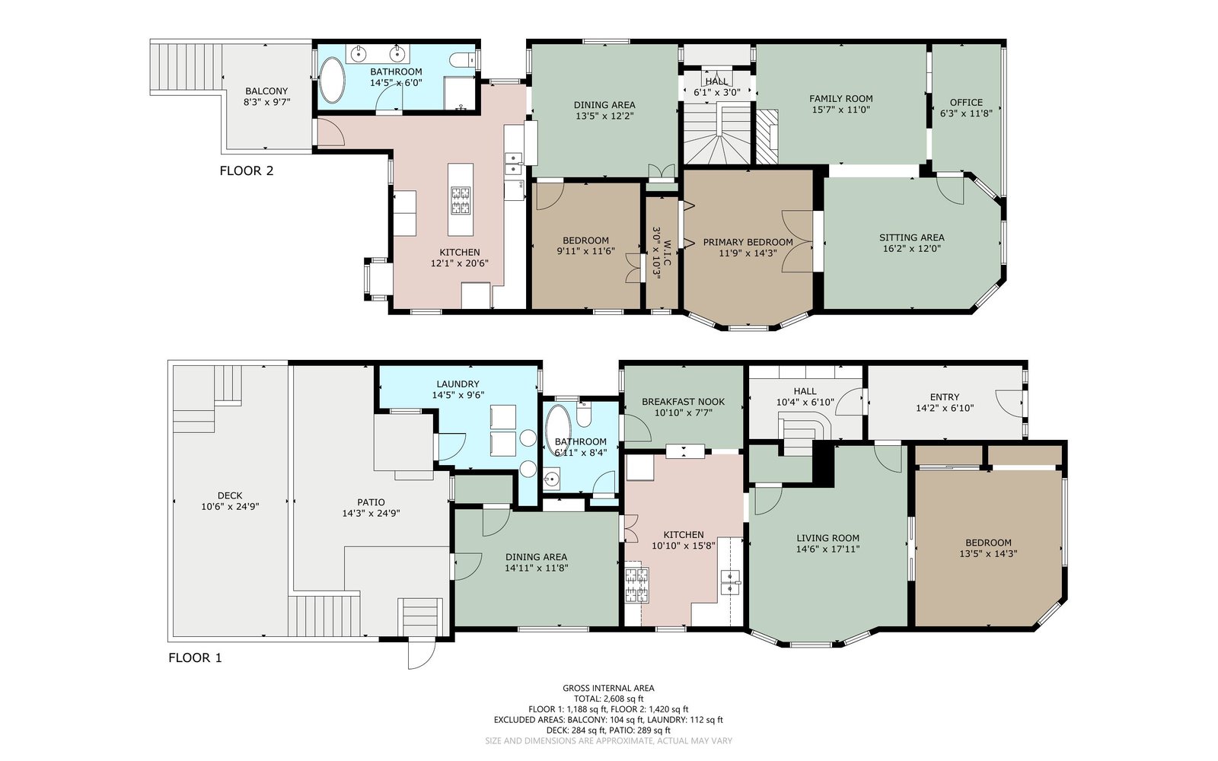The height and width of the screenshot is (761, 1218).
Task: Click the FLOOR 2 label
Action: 247,170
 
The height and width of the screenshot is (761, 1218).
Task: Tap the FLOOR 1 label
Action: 195,658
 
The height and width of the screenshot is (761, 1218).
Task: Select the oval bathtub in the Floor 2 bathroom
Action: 332,80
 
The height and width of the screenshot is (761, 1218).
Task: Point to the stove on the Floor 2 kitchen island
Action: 461,200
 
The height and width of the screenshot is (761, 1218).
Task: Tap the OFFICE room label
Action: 966,102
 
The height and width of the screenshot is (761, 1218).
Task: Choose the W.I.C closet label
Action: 667,253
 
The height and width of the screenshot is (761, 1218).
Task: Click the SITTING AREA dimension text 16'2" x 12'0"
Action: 912,248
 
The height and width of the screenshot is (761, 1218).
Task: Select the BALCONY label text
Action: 266,91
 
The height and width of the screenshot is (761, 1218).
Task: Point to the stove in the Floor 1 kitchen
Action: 636,585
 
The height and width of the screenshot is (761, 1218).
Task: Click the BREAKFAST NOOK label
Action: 684,402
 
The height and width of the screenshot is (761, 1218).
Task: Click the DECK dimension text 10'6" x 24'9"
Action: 230,507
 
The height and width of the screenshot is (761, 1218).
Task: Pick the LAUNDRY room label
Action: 458,384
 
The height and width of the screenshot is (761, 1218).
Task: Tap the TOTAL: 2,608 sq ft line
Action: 608,699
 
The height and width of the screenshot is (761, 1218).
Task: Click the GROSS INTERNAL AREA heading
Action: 608,688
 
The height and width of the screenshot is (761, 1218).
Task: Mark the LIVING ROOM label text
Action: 828,538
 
